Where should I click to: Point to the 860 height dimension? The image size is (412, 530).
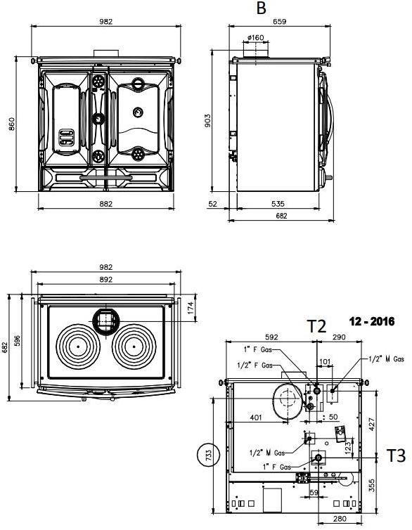tap(11, 124)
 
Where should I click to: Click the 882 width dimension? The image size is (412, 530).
tap(105, 204)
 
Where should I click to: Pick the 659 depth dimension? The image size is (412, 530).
tap(280, 22)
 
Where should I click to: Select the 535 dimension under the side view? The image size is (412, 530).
tap(278, 204)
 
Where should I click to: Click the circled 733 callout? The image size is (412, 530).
tap(207, 455)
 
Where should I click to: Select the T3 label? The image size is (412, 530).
tap(396, 456)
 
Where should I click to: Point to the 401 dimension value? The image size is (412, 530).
tap(256, 418)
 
